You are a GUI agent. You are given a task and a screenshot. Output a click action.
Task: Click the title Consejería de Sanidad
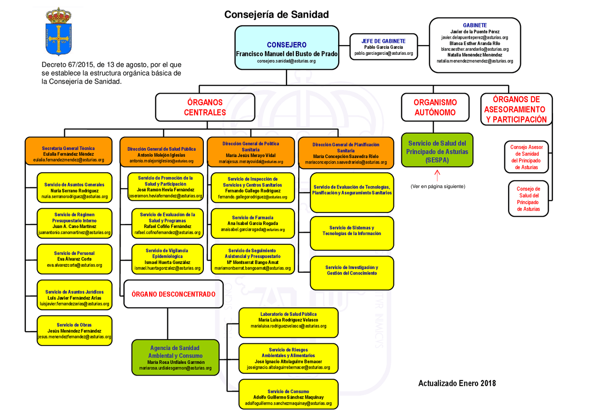point(277,15)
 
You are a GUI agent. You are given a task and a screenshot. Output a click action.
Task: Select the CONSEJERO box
point(287,48)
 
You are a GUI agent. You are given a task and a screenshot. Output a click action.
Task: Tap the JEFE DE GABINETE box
point(383,47)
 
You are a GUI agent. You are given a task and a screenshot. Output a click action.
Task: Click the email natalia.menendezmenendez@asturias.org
point(474,61)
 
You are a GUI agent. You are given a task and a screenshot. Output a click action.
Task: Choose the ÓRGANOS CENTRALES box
point(205,107)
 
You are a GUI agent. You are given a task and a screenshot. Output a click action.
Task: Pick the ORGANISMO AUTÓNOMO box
point(435,107)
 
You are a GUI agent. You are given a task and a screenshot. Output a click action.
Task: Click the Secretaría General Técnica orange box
point(69,152)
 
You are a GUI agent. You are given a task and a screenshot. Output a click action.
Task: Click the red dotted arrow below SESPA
point(437,176)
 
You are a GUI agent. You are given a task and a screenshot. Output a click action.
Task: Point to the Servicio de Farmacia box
point(252,223)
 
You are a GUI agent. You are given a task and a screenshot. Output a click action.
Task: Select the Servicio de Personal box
point(74,259)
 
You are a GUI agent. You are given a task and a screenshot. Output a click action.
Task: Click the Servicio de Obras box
point(74,330)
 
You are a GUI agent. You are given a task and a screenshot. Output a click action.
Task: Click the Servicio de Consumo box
point(289,394)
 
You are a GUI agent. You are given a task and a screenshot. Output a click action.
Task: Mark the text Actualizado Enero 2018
point(456,383)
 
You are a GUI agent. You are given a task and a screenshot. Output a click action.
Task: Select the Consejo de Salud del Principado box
point(528,199)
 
